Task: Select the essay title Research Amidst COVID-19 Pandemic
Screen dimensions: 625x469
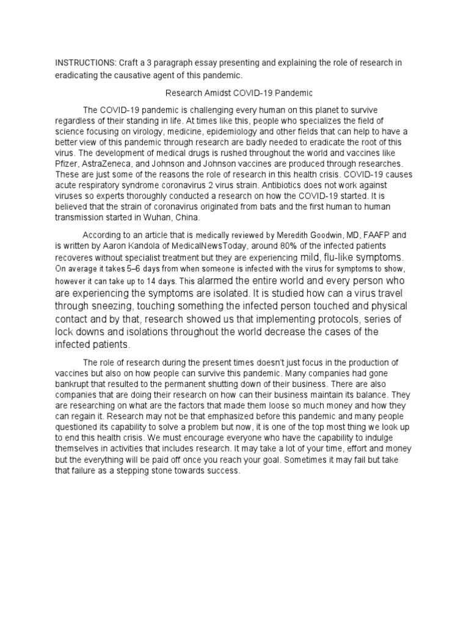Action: pos(239,93)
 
